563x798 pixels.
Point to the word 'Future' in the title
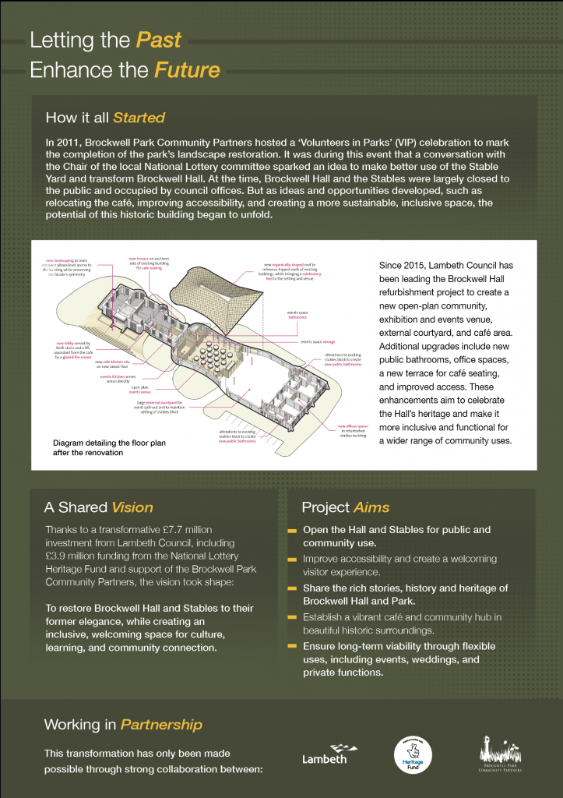(x=187, y=70)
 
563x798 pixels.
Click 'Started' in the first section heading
(x=139, y=118)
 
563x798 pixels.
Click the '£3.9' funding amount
(x=61, y=556)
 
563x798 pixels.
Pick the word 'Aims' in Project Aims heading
(x=371, y=508)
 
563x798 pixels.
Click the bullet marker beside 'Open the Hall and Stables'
(x=292, y=531)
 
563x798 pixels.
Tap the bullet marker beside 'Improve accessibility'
(x=292, y=560)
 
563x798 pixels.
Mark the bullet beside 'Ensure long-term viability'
(x=292, y=647)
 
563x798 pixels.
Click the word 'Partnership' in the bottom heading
(x=161, y=725)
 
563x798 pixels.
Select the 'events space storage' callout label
(x=318, y=341)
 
